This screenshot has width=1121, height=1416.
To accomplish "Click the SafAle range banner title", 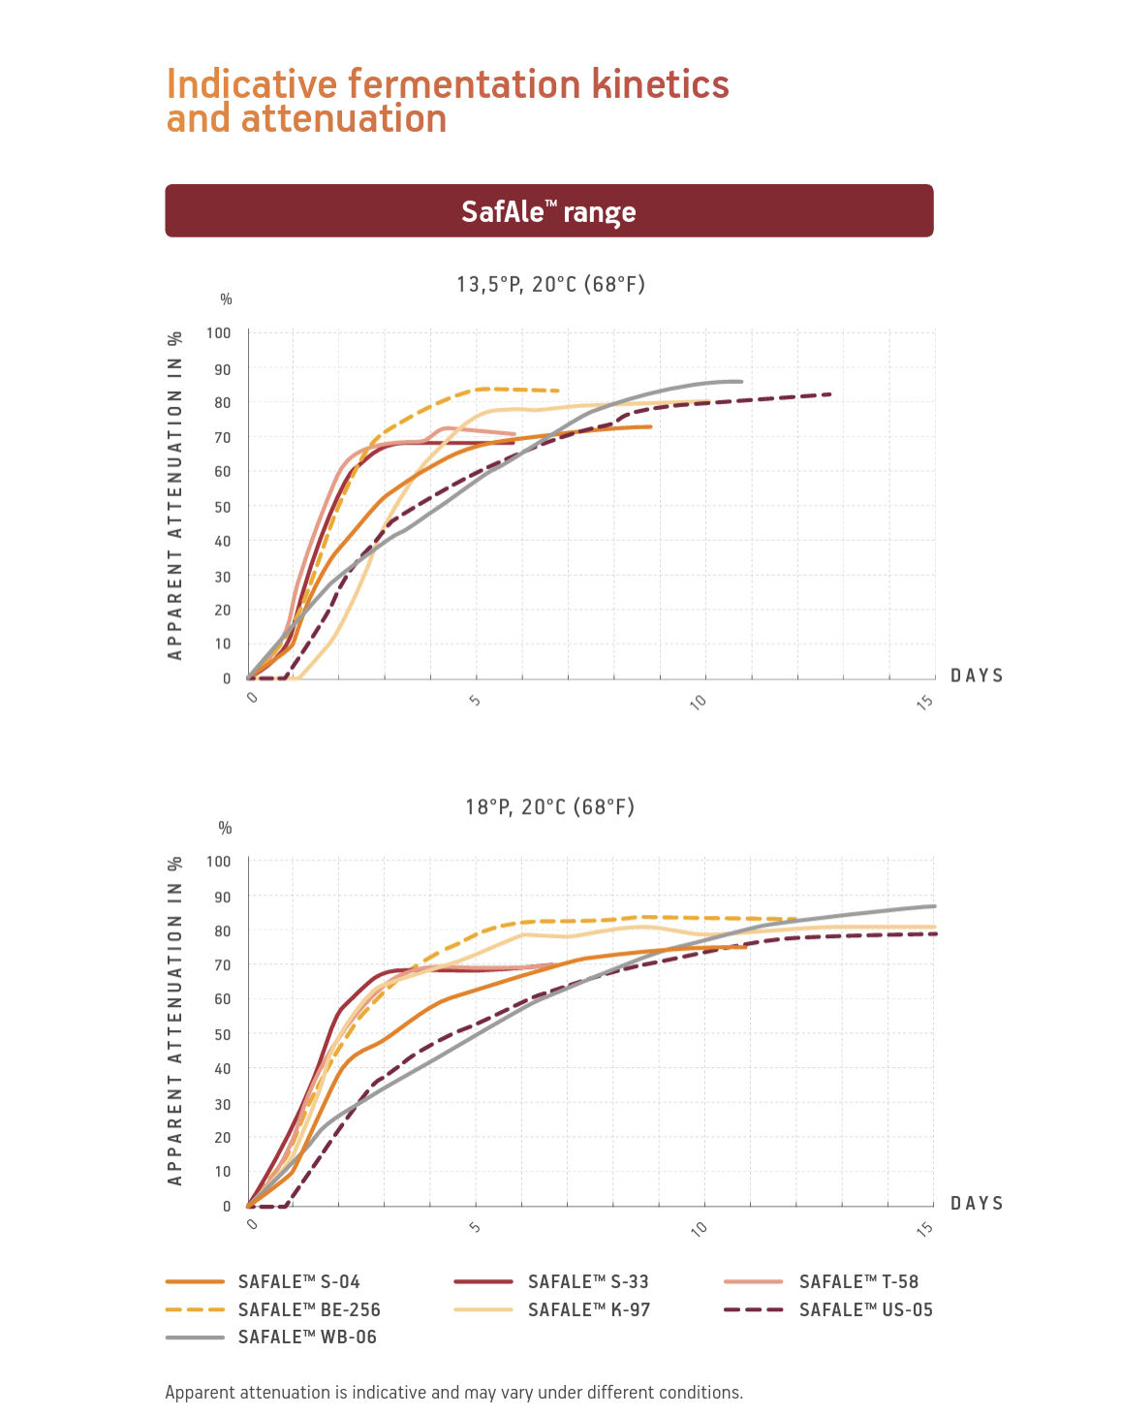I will pyautogui.click(x=548, y=211).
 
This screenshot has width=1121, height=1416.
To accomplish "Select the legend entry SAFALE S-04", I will pyautogui.click(x=298, y=1281).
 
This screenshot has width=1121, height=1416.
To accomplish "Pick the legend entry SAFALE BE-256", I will pyautogui.click(x=308, y=1309).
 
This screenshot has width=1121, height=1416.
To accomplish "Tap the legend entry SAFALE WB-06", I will pyautogui.click(x=306, y=1337).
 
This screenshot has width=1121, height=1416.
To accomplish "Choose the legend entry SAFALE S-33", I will pyautogui.click(x=588, y=1281).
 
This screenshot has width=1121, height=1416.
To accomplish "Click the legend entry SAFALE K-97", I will pyautogui.click(x=588, y=1309).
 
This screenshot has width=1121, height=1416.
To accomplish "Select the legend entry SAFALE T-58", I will pyautogui.click(x=858, y=1281).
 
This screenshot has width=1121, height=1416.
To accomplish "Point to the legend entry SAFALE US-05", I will pyautogui.click(x=865, y=1309).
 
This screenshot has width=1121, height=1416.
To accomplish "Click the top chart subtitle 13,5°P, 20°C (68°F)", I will pyautogui.click(x=550, y=284).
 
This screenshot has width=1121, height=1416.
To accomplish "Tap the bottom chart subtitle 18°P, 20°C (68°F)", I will pyautogui.click(x=549, y=806).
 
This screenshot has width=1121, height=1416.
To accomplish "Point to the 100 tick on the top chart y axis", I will pyautogui.click(x=219, y=332).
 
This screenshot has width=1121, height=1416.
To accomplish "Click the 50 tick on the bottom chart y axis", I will pyautogui.click(x=223, y=1034).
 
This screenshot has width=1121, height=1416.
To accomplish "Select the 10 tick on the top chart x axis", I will pyautogui.click(x=699, y=701).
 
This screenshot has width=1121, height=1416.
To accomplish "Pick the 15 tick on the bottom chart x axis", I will pyautogui.click(x=925, y=1228).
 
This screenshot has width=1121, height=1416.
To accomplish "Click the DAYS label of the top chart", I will pyautogui.click(x=977, y=676).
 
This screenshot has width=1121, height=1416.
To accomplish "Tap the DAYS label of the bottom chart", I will pyautogui.click(x=977, y=1203).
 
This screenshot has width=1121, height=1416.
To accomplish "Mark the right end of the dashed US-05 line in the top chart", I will pyautogui.click(x=830, y=394).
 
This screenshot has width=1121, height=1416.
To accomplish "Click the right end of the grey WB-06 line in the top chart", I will pyautogui.click(x=741, y=381).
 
